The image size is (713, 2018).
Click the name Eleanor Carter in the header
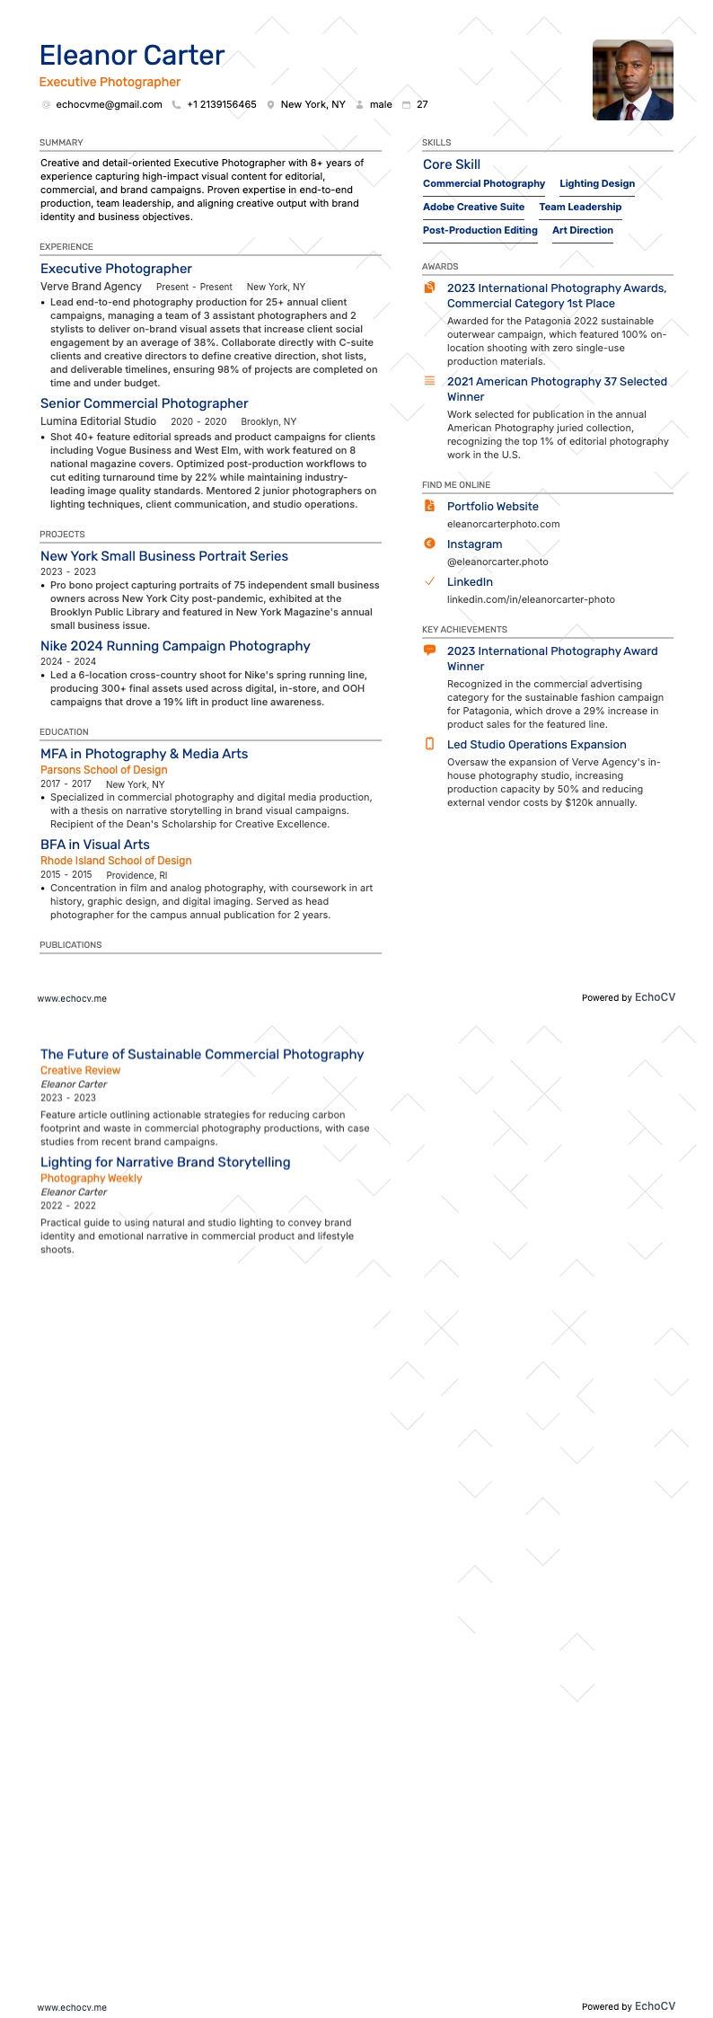click(132, 56)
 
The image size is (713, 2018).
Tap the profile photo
click(632, 80)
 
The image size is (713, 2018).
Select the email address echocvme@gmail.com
click(109, 105)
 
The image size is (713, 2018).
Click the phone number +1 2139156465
click(221, 105)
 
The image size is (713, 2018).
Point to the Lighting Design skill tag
click(597, 184)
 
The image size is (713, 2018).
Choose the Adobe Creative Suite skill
click(473, 208)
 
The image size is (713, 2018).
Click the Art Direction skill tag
click(583, 231)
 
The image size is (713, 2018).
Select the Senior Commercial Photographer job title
click(144, 403)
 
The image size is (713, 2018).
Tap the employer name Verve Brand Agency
click(91, 287)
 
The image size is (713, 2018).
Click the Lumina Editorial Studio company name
click(98, 421)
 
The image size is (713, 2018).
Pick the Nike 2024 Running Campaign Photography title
click(175, 646)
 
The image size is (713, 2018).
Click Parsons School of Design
click(103, 770)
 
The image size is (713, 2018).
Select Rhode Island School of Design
click(116, 861)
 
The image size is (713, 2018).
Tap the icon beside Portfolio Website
click(429, 506)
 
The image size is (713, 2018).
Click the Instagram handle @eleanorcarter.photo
click(497, 562)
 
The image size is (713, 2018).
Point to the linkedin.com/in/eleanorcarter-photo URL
click(531, 600)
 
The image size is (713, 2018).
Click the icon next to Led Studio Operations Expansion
click(429, 744)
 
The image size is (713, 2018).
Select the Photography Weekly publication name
click(91, 1179)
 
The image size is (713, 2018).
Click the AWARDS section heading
click(440, 267)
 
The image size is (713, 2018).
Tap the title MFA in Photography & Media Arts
click(144, 754)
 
